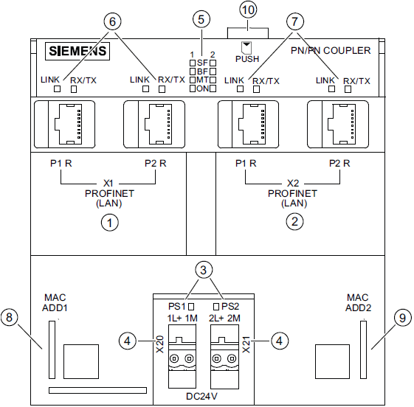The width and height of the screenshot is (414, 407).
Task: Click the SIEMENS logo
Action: pos(77,52)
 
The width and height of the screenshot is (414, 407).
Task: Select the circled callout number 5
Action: pos(201,19)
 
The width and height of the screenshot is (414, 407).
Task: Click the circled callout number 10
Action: pos(247,11)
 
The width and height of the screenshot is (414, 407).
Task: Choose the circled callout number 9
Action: pos(402,318)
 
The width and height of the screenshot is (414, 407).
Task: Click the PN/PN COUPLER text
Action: pos(331,49)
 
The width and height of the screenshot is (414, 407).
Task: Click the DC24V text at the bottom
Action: pos(201,396)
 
